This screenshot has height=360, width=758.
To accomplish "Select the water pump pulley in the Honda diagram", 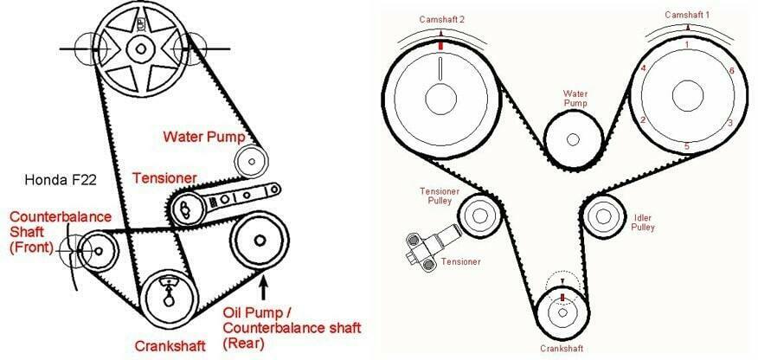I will coord(251,159).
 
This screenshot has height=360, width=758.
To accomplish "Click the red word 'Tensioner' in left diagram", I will coord(164,178).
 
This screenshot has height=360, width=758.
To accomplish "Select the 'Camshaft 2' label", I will coord(440,18).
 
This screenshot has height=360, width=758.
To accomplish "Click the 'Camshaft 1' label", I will coord(687,16).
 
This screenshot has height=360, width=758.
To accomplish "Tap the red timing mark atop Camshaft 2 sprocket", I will coord(440,45).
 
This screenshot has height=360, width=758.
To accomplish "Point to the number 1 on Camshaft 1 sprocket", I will coord(686,44).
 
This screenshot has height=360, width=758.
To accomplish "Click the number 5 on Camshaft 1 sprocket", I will coord(687,147).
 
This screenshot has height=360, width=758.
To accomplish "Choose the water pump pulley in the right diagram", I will coord(572,139).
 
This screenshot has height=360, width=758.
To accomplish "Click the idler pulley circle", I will coord(604,215).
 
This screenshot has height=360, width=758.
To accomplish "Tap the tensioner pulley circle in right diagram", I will coord(476,212).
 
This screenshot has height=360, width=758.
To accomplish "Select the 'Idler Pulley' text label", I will coord(643,222).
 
